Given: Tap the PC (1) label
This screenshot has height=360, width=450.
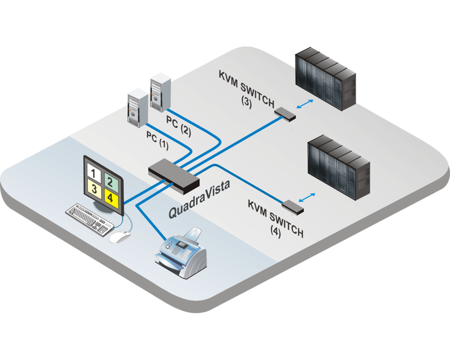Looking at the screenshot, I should tap(157, 139).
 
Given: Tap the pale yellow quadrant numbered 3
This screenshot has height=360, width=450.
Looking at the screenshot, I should tap(94, 189).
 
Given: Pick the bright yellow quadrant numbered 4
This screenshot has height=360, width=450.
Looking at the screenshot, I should tap(110, 197).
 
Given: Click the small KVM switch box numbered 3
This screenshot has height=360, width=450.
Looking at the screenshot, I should tap(285, 113).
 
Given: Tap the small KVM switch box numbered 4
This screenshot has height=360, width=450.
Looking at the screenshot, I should tap(293, 206).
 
